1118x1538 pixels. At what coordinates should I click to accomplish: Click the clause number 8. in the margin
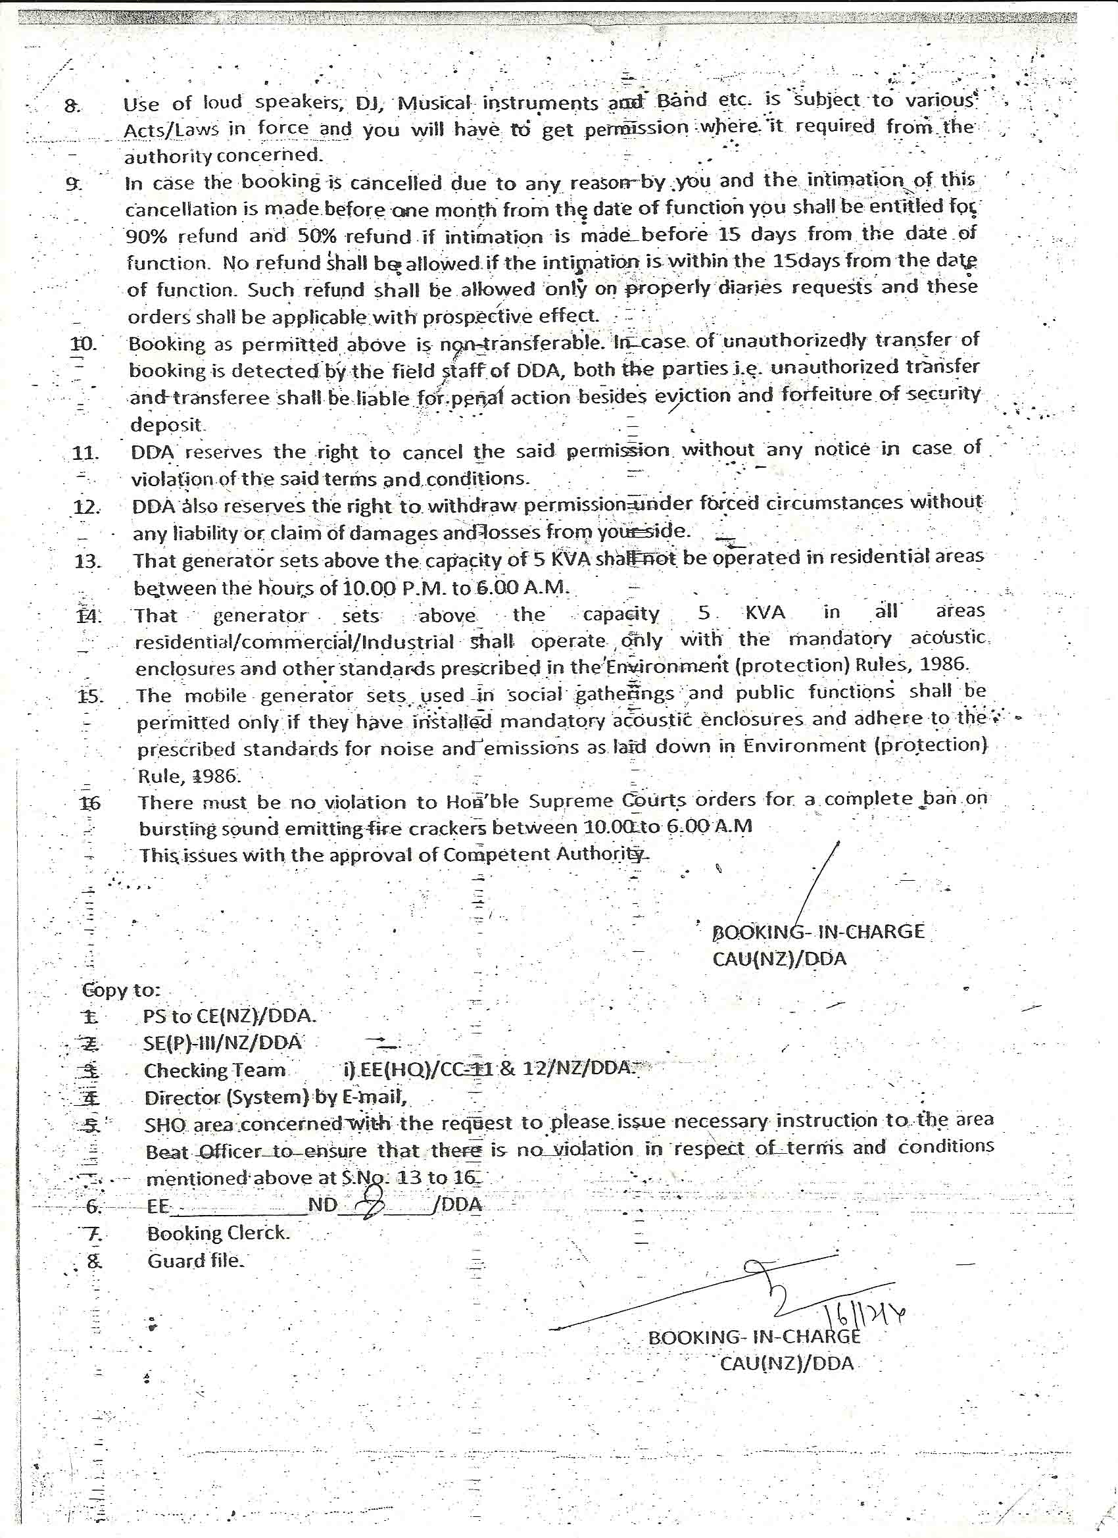(72, 106)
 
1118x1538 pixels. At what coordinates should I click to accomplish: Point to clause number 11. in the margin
(85, 453)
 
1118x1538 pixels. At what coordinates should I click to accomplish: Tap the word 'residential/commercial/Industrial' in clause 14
(294, 641)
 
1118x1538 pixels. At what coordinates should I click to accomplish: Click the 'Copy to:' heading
(120, 990)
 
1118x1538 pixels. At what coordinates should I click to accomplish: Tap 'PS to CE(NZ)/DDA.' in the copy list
(229, 1016)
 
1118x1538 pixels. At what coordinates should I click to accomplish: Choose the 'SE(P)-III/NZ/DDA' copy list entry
(222, 1043)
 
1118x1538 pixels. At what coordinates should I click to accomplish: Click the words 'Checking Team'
(214, 1071)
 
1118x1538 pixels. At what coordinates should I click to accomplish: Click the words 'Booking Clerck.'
(218, 1233)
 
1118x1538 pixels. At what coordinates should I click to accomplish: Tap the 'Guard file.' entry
(195, 1260)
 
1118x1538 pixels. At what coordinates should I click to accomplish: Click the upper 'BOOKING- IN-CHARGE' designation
(817, 931)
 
